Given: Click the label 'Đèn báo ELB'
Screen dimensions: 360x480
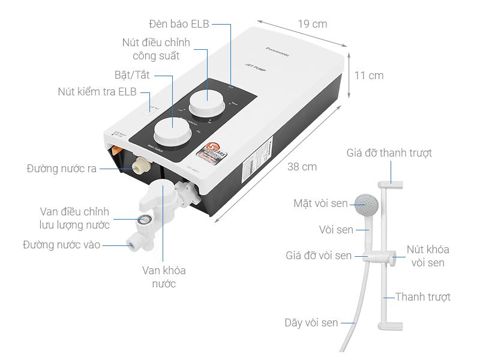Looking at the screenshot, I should tap(180, 24).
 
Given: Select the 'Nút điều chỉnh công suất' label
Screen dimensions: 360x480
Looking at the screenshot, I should tap(156, 49).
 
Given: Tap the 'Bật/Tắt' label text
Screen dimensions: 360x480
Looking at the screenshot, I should tap(132, 76).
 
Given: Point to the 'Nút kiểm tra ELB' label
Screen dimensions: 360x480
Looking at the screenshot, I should tap(97, 92).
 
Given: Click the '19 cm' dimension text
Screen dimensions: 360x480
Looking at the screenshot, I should tap(313, 24).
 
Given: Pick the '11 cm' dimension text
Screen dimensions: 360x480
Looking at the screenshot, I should tap(368, 76).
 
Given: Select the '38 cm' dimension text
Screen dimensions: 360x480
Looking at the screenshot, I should tap(302, 167).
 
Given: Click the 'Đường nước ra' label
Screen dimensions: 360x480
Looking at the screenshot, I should tap(61, 169).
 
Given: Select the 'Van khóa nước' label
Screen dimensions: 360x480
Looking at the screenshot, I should tap(164, 277).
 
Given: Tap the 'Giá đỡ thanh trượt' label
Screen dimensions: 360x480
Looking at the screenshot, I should tap(389, 153).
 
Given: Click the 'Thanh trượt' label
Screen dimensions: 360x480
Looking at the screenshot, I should tap(422, 297).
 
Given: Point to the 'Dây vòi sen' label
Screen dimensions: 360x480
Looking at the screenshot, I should tap(311, 323).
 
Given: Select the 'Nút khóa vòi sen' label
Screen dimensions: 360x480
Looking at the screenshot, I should tap(427, 256).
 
